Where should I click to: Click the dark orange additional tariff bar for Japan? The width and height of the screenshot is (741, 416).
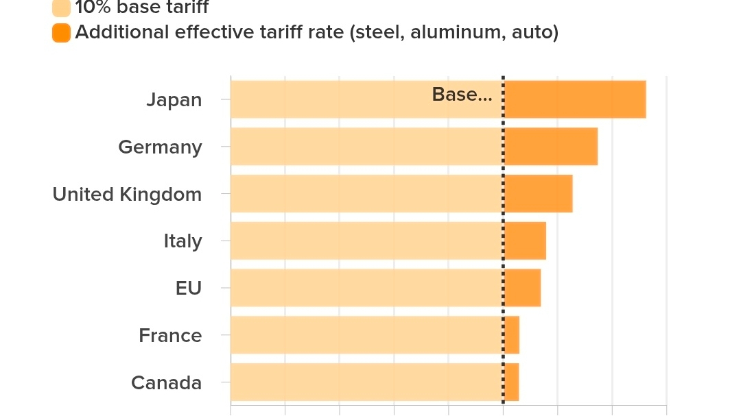tap(575, 99)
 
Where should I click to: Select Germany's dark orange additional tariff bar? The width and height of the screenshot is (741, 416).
tap(551, 147)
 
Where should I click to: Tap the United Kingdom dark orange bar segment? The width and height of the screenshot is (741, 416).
tap(539, 193)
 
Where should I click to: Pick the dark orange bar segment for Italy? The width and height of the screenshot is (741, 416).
tap(525, 241)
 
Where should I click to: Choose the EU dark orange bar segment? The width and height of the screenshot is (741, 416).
tap(522, 288)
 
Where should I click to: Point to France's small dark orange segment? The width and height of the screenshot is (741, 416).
tap(512, 335)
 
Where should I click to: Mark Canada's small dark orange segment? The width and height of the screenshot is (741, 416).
tap(512, 382)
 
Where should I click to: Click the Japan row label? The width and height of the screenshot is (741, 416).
tap(174, 100)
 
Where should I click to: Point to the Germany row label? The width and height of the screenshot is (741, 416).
tap(160, 147)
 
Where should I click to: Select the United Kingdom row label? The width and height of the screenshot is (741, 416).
tap(127, 195)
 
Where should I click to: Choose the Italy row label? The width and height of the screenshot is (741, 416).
tap(183, 241)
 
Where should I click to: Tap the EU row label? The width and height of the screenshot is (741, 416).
tap(189, 288)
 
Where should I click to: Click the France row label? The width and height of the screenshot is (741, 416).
tap(170, 336)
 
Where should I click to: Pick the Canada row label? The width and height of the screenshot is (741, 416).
tap(166, 382)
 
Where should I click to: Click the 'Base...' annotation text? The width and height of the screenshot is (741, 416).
tap(462, 95)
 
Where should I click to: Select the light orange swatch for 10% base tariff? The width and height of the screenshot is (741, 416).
tap(61, 8)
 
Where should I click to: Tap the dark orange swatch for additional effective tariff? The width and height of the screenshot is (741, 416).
tap(61, 32)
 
